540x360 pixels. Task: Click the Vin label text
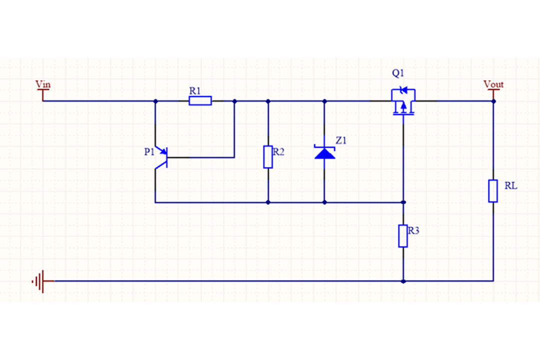[x=43, y=84]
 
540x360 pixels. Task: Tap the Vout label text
[x=493, y=84]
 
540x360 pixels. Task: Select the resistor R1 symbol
[x=200, y=101]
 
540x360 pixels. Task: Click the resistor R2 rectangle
[x=268, y=157]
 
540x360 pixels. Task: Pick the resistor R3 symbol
[x=403, y=236]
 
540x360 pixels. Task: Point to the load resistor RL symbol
[x=493, y=190]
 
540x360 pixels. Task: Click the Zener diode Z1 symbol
[x=324, y=152]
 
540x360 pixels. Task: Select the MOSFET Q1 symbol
[x=403, y=101]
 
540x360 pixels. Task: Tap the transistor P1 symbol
[x=161, y=158]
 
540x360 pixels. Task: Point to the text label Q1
[x=398, y=73]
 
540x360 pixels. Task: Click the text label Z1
[x=341, y=141]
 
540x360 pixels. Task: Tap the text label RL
[x=510, y=186]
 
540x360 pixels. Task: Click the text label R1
[x=195, y=90]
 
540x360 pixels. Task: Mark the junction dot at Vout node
[x=493, y=101]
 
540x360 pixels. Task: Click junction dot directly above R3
[x=403, y=202]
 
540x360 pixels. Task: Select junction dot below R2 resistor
[x=268, y=202]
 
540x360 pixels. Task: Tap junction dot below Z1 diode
[x=324, y=202]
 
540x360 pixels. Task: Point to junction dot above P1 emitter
[x=155, y=101]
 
